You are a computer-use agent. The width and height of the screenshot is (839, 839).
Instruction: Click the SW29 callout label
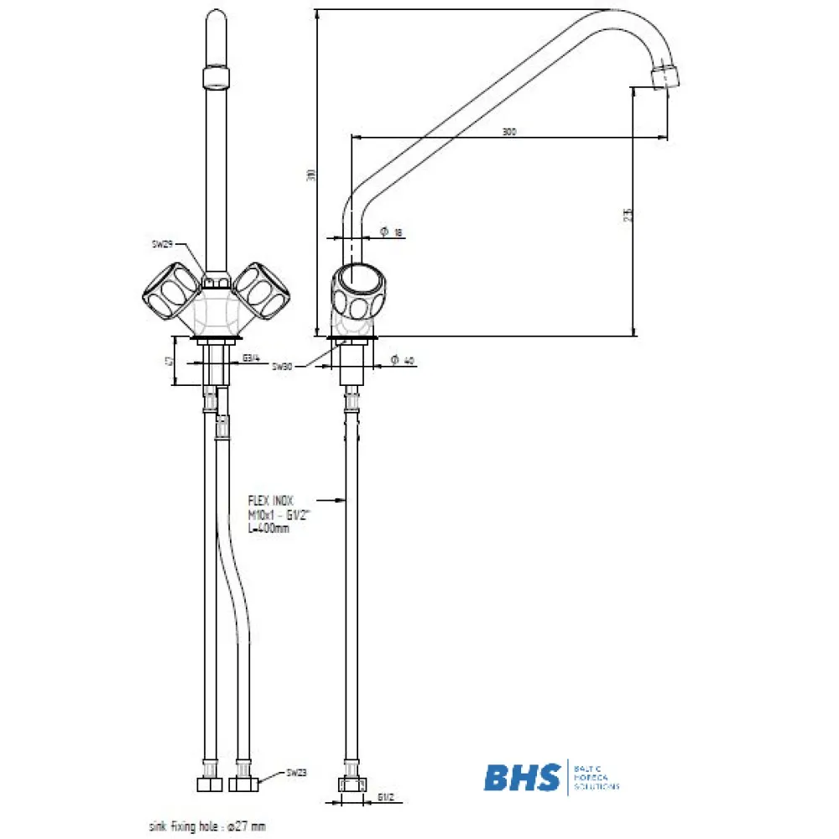[162, 244]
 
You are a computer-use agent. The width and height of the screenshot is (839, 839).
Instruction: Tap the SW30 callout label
[282, 367]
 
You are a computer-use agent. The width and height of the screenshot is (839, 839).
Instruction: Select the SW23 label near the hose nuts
[296, 773]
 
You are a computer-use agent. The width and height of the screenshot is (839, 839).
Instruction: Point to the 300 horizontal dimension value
[508, 132]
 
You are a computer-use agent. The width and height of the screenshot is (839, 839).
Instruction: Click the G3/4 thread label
[251, 359]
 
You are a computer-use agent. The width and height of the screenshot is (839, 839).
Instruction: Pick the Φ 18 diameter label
[391, 231]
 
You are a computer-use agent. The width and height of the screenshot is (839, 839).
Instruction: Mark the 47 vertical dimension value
[169, 361]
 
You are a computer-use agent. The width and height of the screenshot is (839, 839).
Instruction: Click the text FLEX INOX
[270, 499]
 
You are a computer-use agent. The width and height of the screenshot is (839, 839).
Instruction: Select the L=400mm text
[268, 529]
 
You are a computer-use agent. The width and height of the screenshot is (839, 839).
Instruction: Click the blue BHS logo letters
[521, 778]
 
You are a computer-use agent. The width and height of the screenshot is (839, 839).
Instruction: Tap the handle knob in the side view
[358, 294]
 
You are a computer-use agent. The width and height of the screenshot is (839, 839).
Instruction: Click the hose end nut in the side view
[352, 785]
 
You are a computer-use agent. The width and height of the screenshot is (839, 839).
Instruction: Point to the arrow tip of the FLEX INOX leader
[345, 501]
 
